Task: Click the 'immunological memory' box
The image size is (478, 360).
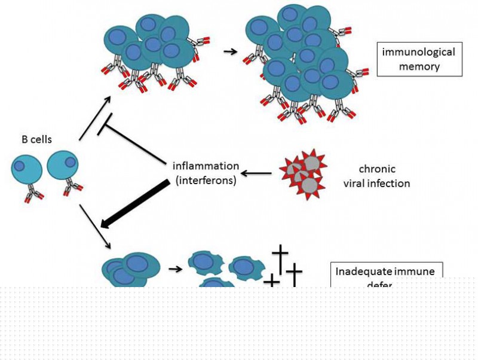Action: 419,59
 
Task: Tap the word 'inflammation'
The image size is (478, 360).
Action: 206,165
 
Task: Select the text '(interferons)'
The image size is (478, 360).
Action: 206,179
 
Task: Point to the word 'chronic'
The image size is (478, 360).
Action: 377,169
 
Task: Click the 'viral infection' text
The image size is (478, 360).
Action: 376,183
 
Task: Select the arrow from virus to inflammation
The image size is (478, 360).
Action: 258,174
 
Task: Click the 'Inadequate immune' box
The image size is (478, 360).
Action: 387,272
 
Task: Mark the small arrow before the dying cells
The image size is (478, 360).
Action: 175,269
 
